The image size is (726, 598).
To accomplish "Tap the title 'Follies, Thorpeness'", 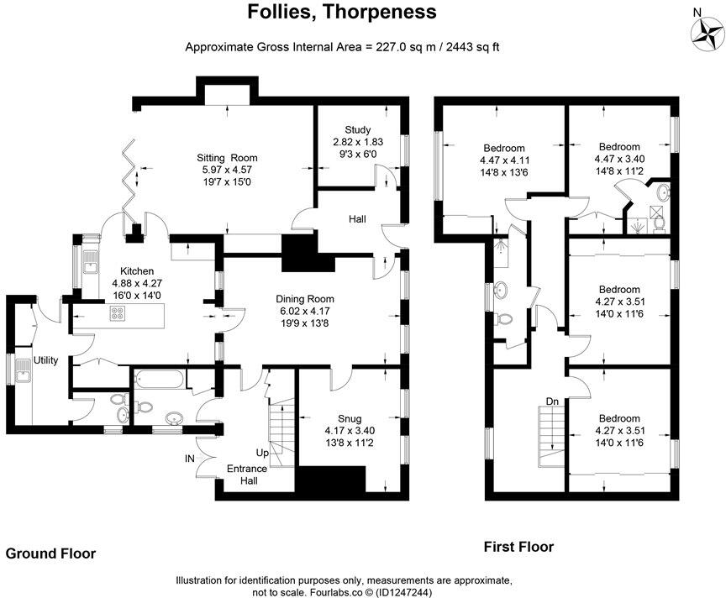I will click(x=342, y=13).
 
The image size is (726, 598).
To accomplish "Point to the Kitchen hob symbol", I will click(x=118, y=315).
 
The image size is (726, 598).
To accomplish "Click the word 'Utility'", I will click(x=45, y=360).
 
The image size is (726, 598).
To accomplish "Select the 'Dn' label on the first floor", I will click(x=552, y=401).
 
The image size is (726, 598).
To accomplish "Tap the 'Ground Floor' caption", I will click(x=50, y=553).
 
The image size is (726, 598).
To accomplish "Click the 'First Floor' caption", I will click(x=518, y=547).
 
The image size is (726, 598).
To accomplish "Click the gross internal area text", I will click(x=342, y=48).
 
